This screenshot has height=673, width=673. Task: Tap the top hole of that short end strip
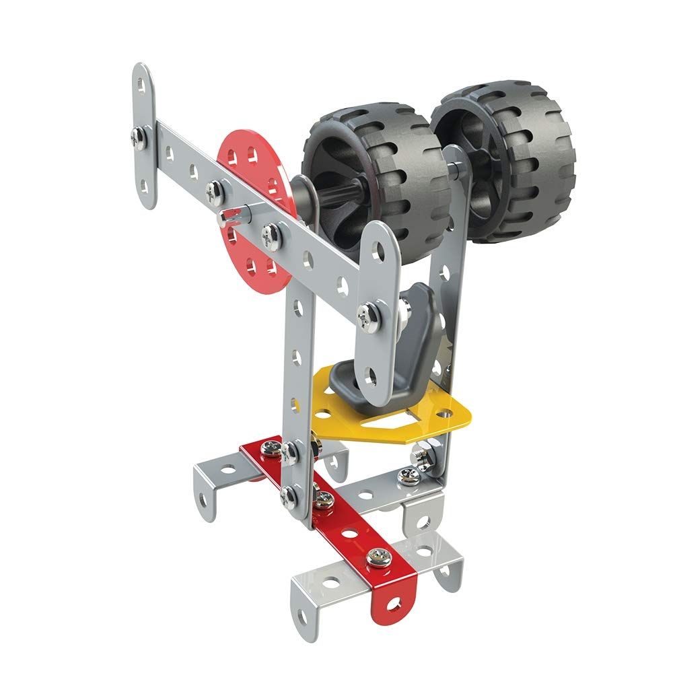(142, 85)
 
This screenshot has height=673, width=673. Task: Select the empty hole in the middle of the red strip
(350, 532)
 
